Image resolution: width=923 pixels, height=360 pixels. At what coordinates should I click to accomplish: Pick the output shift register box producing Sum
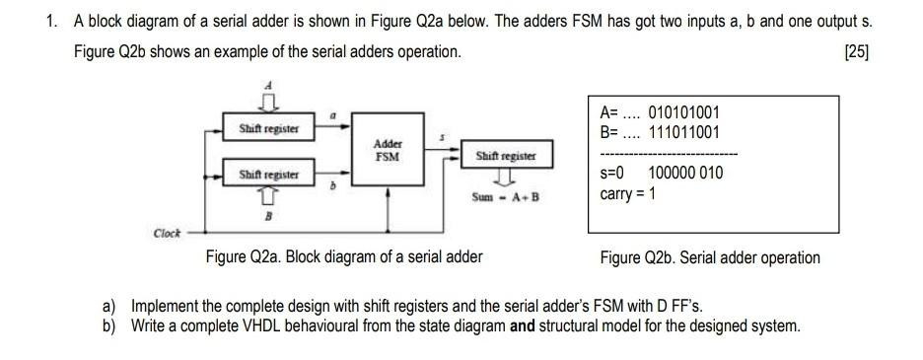coord(506,156)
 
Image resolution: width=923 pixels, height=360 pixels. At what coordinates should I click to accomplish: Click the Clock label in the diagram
coord(167,234)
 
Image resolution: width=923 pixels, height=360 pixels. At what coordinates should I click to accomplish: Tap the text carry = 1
coord(628,193)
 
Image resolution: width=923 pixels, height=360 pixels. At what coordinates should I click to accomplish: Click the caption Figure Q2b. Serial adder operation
coord(709,257)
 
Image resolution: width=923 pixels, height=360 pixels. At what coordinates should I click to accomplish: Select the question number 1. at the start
coord(52,22)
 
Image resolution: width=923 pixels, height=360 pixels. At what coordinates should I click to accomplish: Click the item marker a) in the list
coord(110,307)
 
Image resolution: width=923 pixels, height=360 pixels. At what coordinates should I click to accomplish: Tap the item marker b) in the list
coord(110,324)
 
